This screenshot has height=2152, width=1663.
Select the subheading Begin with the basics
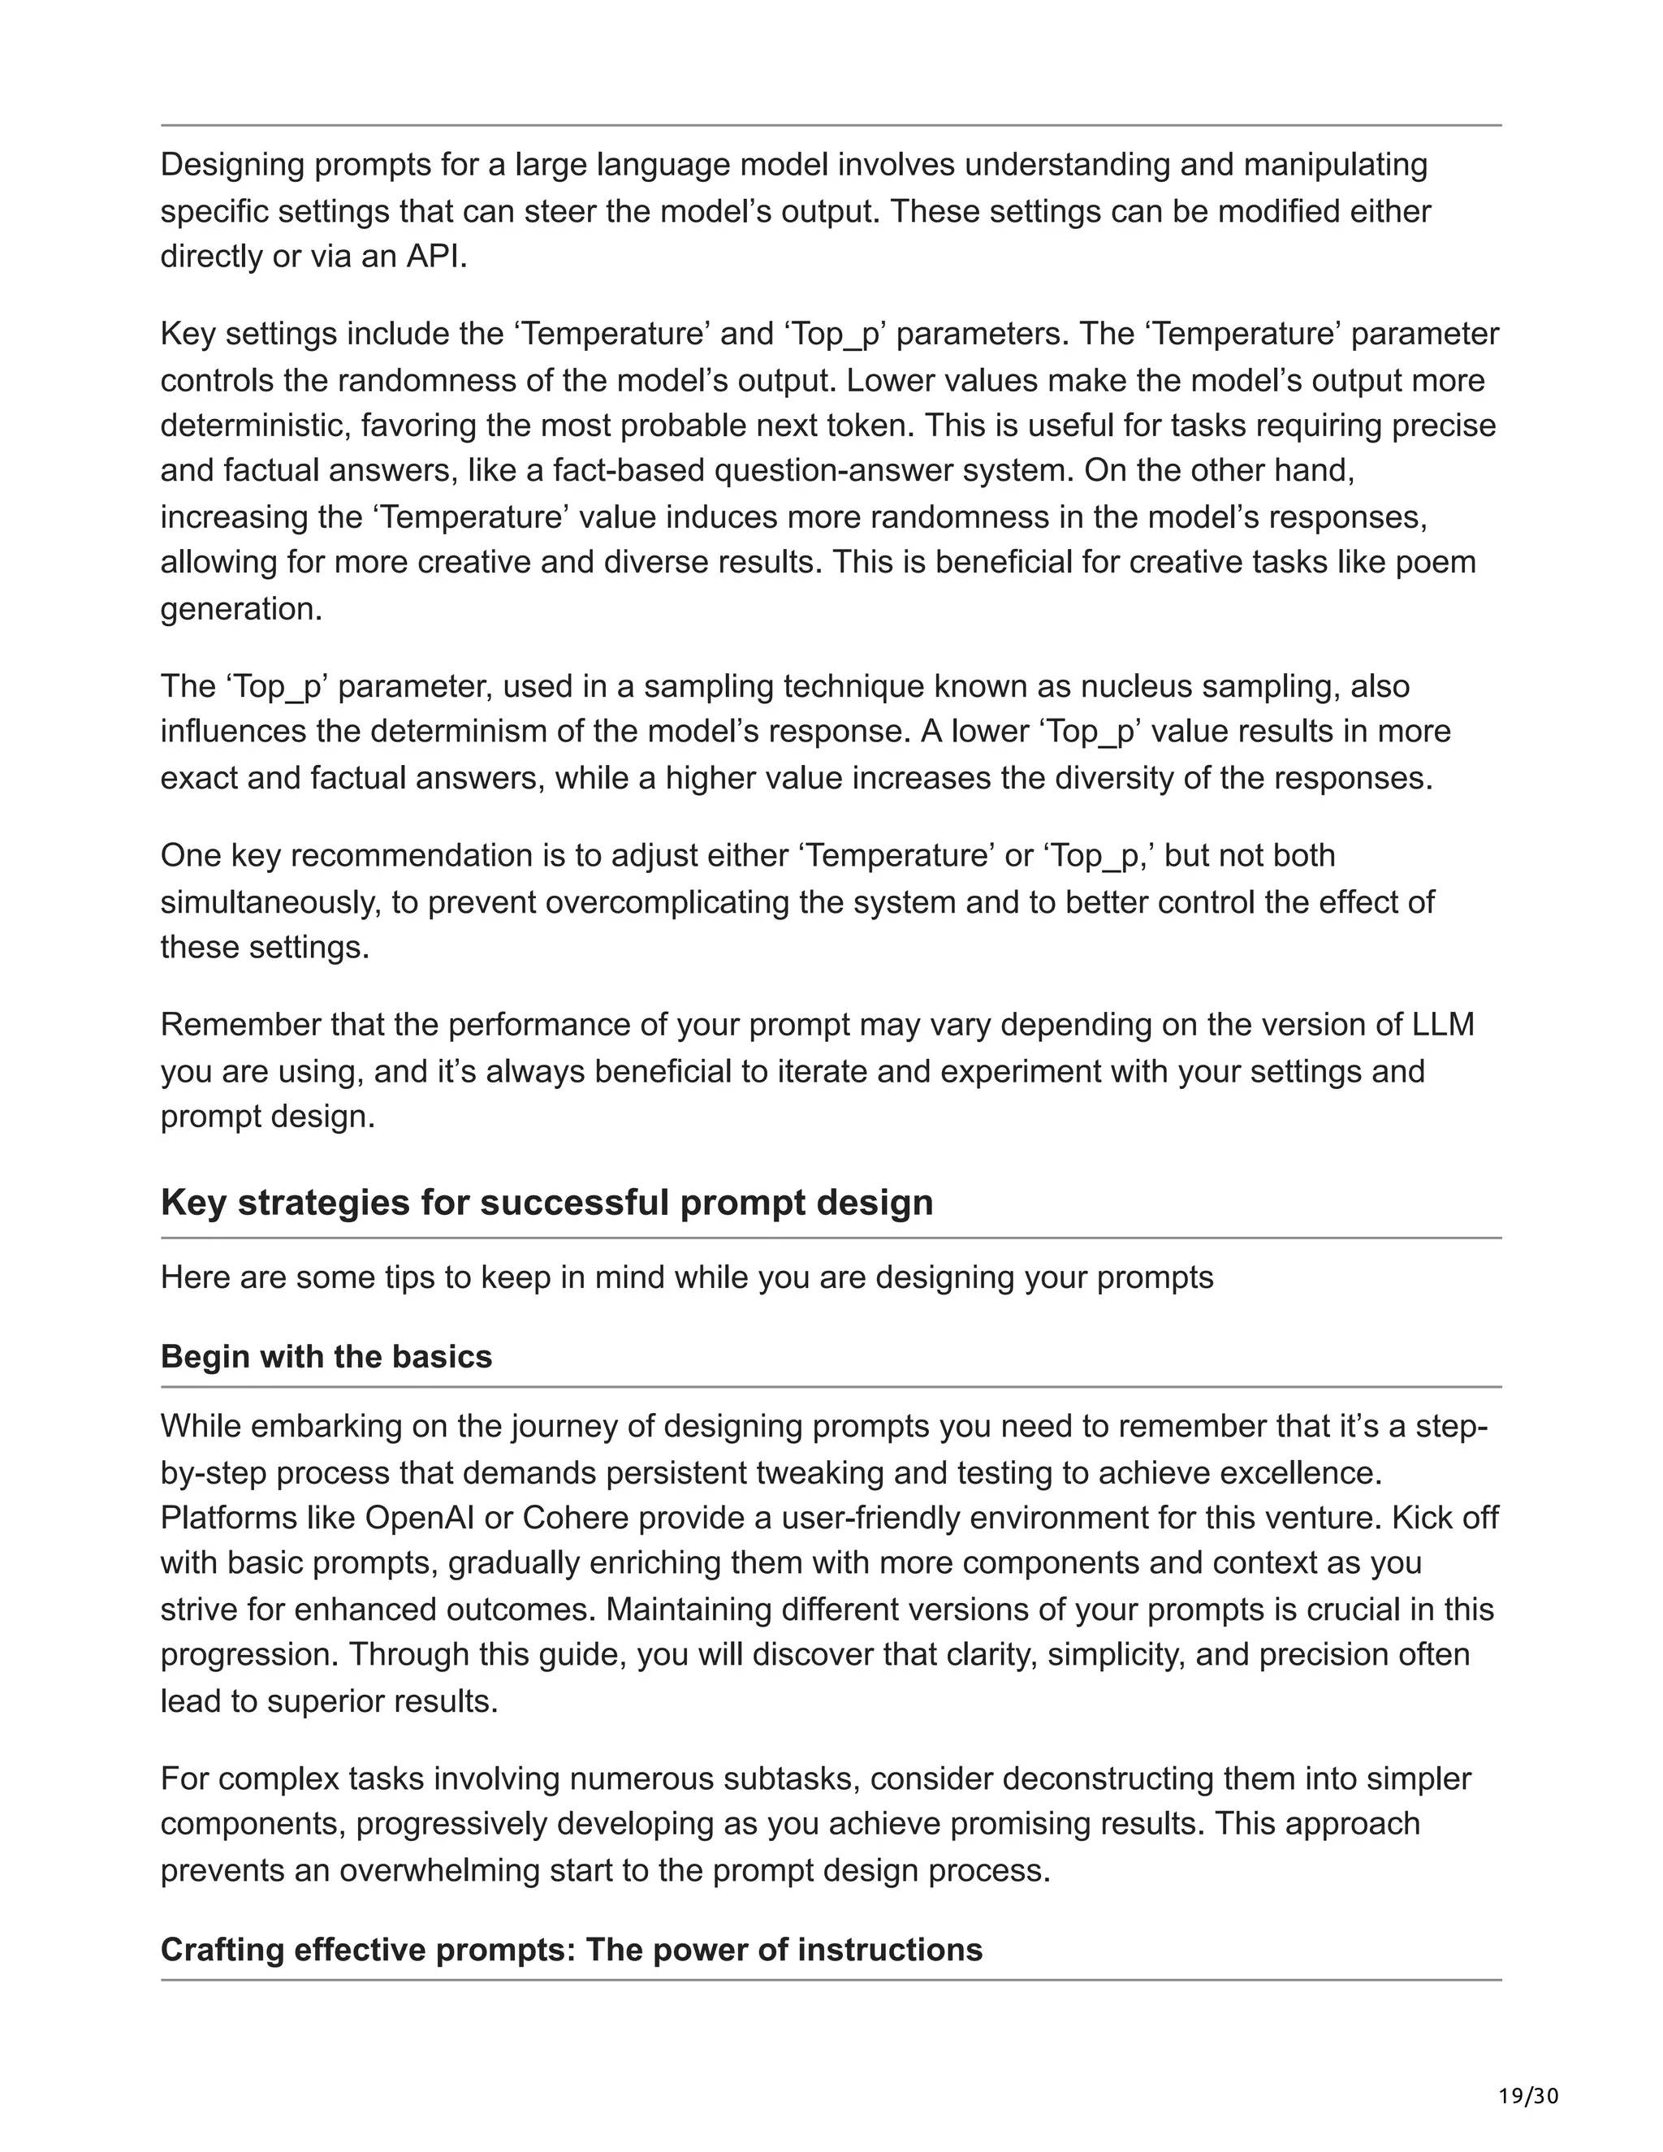pyautogui.click(x=326, y=1357)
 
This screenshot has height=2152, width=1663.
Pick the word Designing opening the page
pyautogui.click(x=232, y=165)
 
